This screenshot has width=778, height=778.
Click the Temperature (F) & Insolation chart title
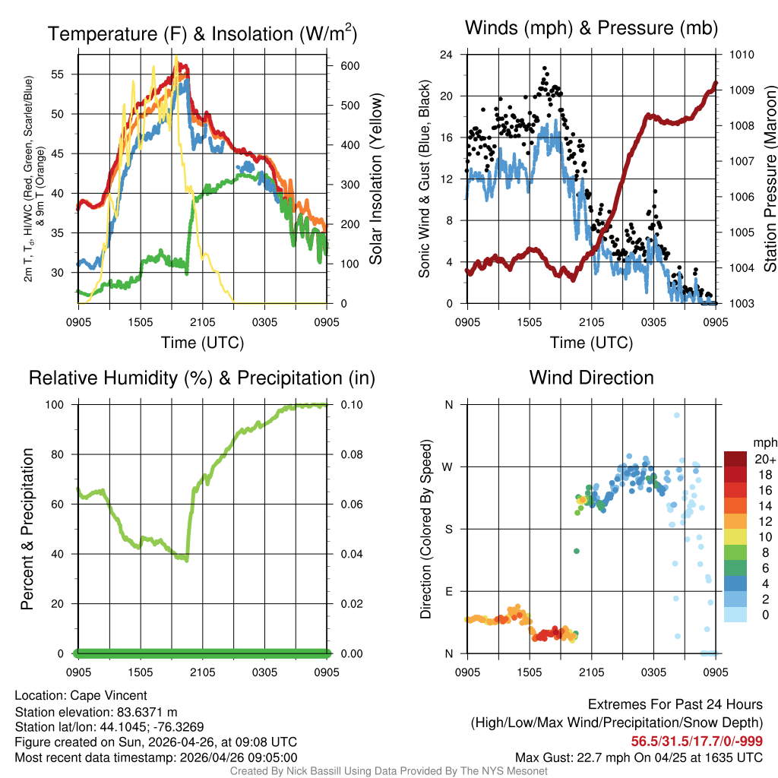(202, 33)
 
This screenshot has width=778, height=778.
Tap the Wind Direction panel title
(591, 378)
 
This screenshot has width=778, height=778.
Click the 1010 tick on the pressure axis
(741, 55)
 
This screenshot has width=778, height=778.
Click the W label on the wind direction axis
(448, 467)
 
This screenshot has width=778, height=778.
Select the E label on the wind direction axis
(448, 592)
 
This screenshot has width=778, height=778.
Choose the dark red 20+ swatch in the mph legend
(736, 460)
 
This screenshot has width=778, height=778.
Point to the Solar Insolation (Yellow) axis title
(376, 179)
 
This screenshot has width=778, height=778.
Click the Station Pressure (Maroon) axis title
(769, 179)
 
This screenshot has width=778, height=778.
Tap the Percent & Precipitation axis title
(27, 529)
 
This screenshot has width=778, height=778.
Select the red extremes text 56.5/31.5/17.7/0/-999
(697, 741)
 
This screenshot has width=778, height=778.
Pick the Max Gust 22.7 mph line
(638, 757)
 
